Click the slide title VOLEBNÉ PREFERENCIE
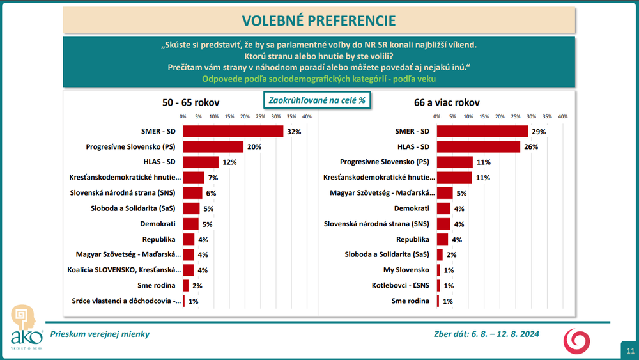319,20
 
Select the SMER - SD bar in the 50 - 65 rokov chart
233,131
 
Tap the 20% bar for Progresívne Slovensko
213,146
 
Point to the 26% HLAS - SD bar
479,146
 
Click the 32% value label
294,132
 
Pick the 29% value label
539,131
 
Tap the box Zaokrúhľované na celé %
318,100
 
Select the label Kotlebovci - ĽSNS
402,285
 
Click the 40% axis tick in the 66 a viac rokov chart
562,116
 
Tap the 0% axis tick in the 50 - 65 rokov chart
183,116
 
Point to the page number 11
630,350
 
